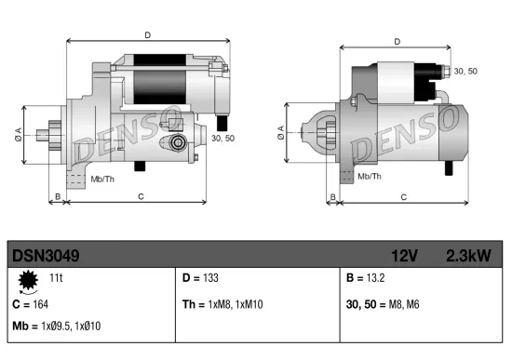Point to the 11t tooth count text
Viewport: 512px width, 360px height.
pyautogui.click(x=56, y=278)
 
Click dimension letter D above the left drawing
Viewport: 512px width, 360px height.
pyautogui.click(x=147, y=35)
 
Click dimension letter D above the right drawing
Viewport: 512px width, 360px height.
pyautogui.click(x=397, y=42)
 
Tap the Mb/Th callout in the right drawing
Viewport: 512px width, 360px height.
pyautogui.click(x=370, y=175)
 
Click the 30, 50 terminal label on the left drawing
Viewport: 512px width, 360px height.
pyautogui.click(x=224, y=138)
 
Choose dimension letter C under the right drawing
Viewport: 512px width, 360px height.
pyautogui.click(x=402, y=196)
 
